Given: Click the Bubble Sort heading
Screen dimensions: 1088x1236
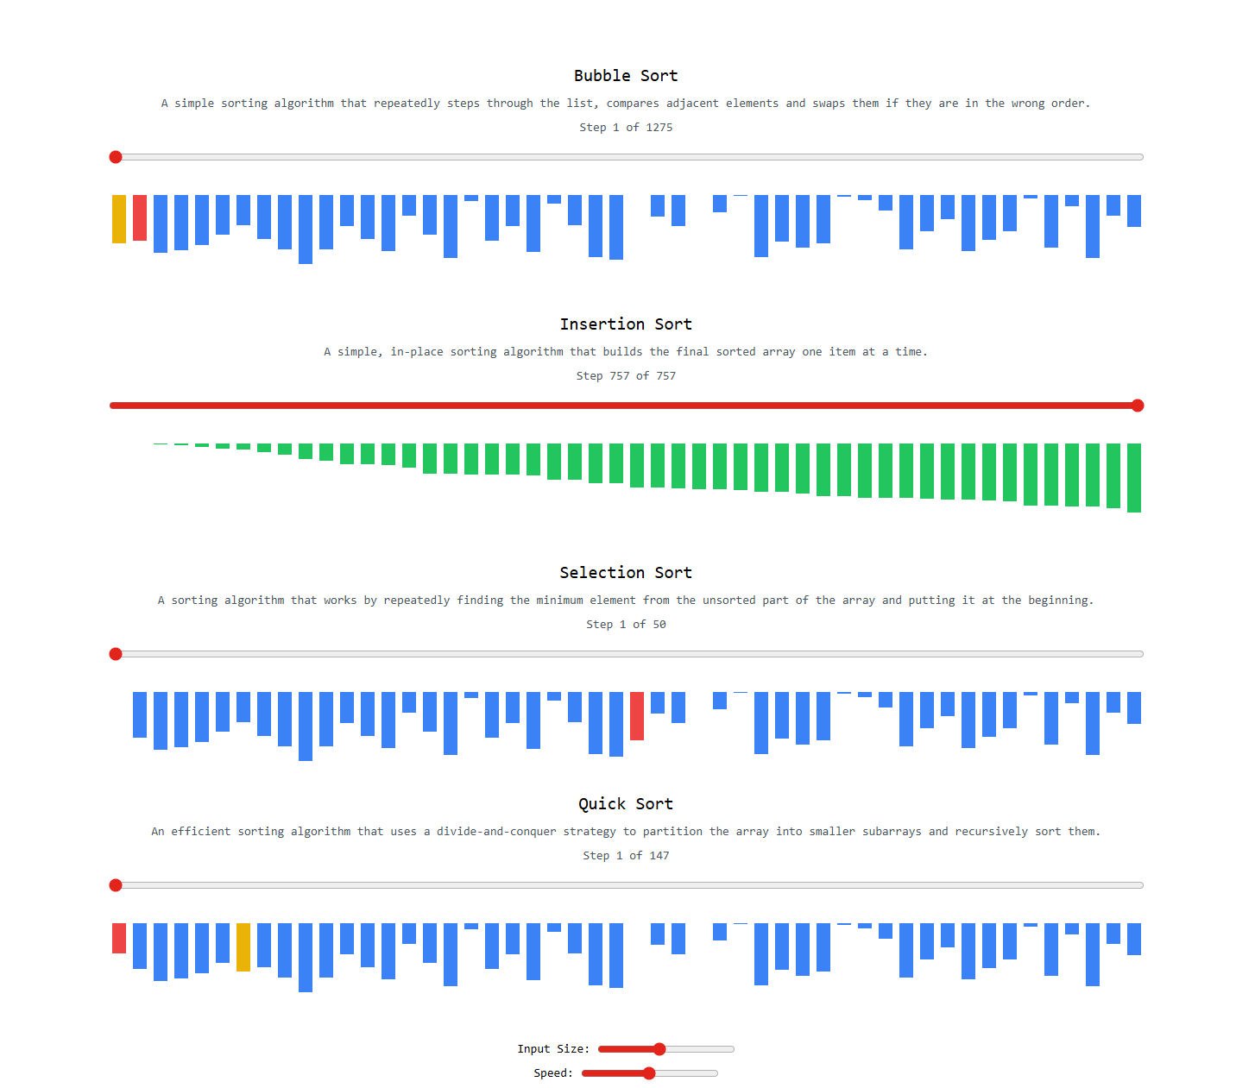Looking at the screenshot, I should click(626, 76).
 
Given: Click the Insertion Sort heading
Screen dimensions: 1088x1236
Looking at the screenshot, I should click(626, 324).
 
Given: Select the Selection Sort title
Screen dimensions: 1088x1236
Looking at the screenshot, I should click(626, 573).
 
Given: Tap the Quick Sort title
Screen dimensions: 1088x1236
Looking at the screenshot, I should click(626, 804).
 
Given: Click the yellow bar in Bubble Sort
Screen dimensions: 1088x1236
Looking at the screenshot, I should click(119, 219).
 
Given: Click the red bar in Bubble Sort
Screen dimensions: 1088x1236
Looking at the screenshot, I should click(140, 217).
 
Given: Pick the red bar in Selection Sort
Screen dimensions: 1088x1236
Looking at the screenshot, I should click(637, 716).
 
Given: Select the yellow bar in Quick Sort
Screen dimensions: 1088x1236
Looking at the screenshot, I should click(243, 947).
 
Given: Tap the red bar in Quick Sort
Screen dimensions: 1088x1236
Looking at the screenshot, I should click(119, 938).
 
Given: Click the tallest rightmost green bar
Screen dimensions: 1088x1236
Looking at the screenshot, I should click(1134, 478).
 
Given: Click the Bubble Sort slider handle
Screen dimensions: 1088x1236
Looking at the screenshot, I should click(116, 157).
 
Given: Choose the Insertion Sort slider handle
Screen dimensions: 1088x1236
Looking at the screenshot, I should click(1138, 406).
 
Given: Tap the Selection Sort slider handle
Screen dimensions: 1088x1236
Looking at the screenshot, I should click(116, 654).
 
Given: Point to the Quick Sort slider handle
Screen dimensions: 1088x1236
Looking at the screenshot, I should click(116, 885).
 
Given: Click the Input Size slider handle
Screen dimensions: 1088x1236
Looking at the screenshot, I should click(659, 1049).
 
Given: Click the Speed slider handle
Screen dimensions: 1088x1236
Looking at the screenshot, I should click(649, 1073).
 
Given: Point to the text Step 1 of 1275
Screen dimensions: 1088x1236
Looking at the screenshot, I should click(626, 128).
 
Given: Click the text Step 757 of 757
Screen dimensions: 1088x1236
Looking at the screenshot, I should click(626, 376).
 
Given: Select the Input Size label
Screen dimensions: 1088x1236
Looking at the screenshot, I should click(553, 1049).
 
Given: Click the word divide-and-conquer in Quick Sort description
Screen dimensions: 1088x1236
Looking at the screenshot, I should click(496, 832).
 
